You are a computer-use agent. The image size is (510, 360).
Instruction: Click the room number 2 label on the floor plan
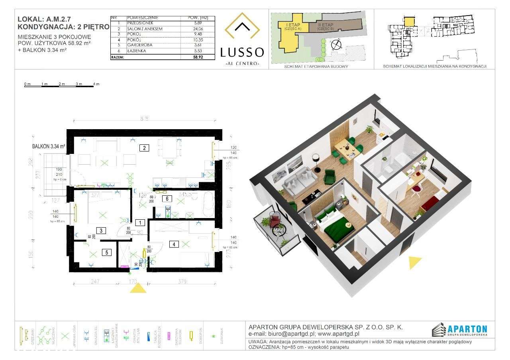144,148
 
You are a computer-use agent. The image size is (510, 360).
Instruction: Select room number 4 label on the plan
174,244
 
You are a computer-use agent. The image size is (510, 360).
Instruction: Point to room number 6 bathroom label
167,199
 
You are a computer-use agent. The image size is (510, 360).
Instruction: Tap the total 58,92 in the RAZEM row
198,57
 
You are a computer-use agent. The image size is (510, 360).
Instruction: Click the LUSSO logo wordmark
242,52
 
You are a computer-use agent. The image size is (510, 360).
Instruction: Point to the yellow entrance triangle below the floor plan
138,288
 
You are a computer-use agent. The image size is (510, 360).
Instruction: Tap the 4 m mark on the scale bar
96,84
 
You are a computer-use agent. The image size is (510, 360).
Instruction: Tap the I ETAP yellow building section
289,31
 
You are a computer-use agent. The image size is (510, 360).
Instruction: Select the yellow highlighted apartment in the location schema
409,21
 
